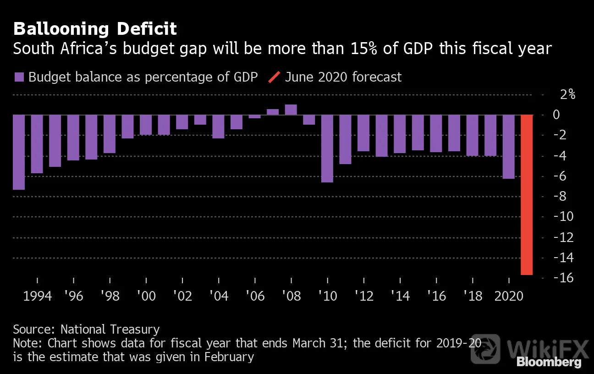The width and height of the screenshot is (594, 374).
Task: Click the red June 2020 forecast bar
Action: [527, 195]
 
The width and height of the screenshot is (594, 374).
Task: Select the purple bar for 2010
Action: [327, 148]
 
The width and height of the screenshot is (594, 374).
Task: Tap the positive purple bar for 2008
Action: [291, 110]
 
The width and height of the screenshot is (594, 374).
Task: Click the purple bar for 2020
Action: [509, 147]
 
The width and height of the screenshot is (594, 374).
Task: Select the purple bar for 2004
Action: [218, 126]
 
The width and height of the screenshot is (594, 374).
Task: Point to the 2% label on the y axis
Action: [568, 94]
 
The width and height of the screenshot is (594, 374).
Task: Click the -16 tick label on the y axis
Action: [563, 278]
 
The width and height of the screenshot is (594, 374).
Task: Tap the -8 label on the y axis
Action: [560, 196]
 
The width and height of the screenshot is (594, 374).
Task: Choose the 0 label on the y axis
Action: [556, 115]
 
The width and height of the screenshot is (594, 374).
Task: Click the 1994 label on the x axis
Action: [38, 296]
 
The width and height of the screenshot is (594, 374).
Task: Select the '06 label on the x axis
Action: [255, 296]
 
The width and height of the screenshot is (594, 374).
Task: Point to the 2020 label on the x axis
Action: [509, 296]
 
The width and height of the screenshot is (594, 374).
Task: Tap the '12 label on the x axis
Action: [364, 296]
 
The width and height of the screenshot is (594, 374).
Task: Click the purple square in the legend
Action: [19, 77]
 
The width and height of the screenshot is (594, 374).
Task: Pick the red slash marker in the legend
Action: [274, 77]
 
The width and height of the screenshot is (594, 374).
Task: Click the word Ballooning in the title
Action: [61, 29]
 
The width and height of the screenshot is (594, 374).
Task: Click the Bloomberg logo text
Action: [549, 362]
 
